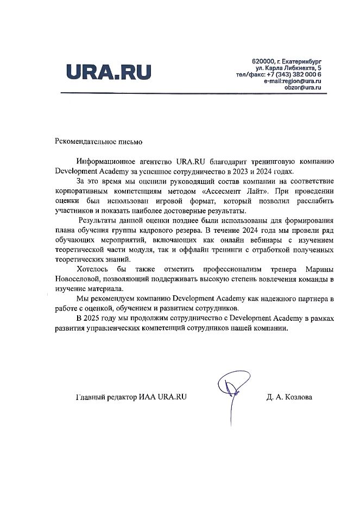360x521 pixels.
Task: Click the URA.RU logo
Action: click(108, 72)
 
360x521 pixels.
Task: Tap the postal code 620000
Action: click(264, 61)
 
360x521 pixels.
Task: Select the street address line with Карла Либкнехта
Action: click(288, 68)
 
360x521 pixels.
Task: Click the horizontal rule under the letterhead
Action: click(192, 94)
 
